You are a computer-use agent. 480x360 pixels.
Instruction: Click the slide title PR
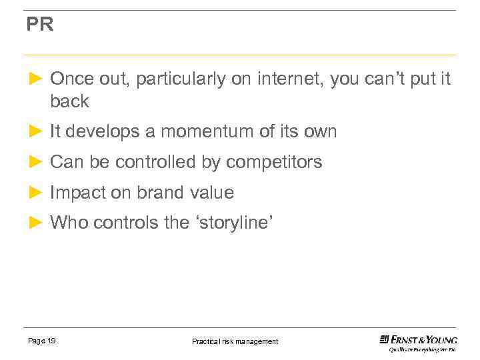39,25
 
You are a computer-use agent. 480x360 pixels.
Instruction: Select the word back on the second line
69,101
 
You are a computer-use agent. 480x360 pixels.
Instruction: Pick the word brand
157,193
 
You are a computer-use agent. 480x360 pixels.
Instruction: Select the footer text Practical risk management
235,341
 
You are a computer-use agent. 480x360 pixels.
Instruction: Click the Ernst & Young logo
418,342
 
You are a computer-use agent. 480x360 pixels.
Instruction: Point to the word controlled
157,162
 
